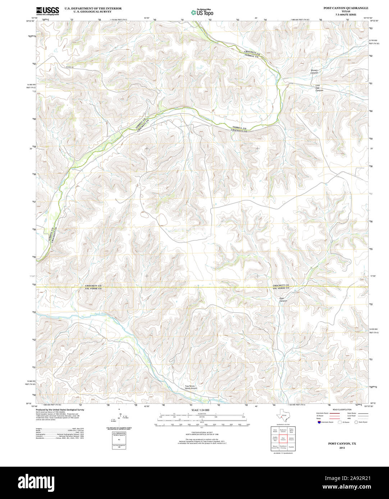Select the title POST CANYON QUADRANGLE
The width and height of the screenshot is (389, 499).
point(345,8)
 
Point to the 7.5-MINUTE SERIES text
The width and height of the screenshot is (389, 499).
point(345,14)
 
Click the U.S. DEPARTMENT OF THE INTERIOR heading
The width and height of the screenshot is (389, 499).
point(93,8)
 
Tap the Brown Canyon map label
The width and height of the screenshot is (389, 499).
point(314,71)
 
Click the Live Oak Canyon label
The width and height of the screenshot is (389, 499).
point(319,88)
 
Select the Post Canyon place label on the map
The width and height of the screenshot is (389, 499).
point(283,299)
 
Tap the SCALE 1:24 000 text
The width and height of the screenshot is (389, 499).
point(200,410)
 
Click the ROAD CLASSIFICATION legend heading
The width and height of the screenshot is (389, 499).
point(342,410)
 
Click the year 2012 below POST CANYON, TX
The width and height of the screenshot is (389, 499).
point(342,448)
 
